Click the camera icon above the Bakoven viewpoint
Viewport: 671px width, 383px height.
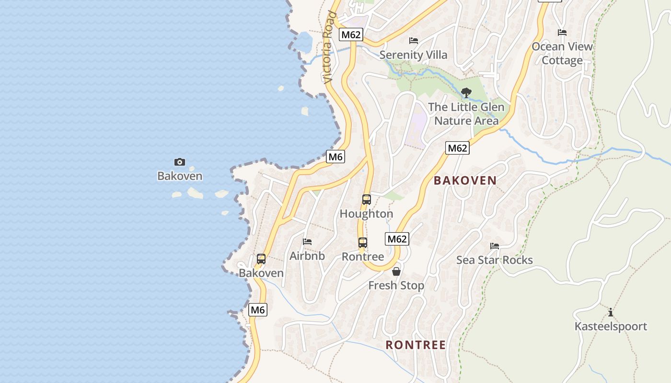pos(180,162)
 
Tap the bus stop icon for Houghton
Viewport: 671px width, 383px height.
pos(367,200)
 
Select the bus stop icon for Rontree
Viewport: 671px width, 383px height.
pos(363,243)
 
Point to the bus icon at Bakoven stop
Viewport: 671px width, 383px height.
pos(261,259)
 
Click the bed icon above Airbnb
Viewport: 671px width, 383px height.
pos(307,242)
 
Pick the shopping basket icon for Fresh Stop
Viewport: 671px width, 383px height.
pos(396,271)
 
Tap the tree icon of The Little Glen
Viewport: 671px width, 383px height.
pos(466,93)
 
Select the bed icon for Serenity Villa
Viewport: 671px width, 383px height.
pos(414,41)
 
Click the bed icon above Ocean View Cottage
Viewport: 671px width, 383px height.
pos(562,33)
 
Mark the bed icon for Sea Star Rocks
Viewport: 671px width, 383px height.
pos(495,246)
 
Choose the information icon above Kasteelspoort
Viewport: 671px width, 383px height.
pos(611,313)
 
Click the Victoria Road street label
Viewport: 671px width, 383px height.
pos(328,48)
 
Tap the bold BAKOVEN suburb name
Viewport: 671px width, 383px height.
pos(465,180)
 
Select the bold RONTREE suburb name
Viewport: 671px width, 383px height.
pos(416,345)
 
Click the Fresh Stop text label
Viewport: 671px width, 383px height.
pos(396,286)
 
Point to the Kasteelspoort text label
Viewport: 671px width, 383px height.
pos(611,327)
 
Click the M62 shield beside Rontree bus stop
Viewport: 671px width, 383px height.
pos(397,239)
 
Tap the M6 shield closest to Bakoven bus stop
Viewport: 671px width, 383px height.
pos(258,310)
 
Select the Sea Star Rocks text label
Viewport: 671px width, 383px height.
pos(495,260)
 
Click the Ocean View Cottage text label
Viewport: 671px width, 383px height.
pos(562,54)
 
